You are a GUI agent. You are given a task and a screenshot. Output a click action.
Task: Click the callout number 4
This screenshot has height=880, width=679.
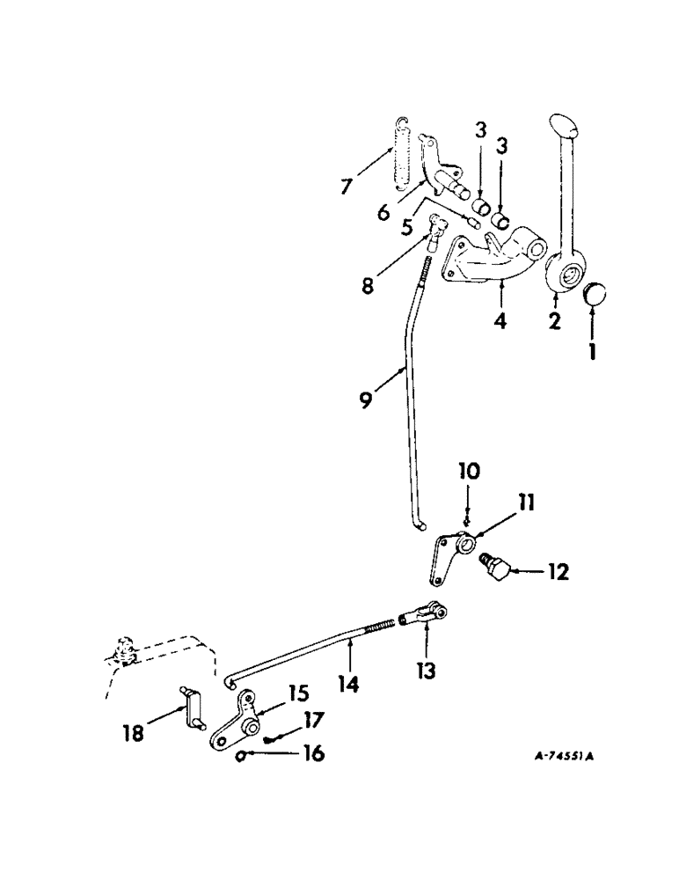tap(500, 320)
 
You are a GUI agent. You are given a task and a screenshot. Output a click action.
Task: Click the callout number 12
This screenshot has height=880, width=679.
tap(557, 573)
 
